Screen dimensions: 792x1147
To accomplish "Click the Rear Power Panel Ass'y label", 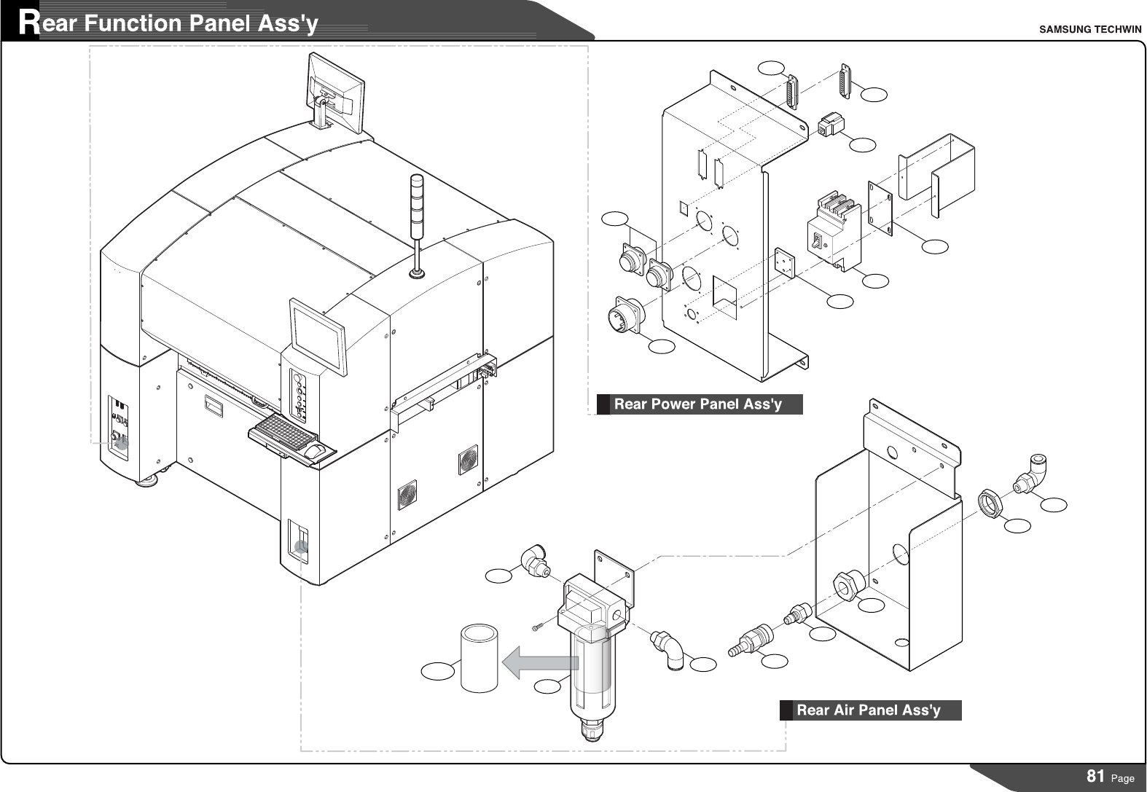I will (x=697, y=404).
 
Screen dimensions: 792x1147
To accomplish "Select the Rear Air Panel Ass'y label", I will (x=868, y=710).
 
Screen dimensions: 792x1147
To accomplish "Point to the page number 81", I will (x=1095, y=776).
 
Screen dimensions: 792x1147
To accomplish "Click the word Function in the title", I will (x=132, y=24).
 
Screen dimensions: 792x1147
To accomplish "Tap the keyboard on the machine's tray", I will (x=281, y=432).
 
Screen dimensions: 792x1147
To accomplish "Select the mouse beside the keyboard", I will (x=314, y=452).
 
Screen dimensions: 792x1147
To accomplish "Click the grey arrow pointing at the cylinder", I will (x=539, y=662).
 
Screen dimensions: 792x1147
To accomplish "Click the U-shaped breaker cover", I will (x=936, y=175).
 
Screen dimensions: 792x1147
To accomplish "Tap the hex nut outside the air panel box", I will (x=991, y=502).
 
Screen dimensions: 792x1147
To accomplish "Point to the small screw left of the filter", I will (x=537, y=627).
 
